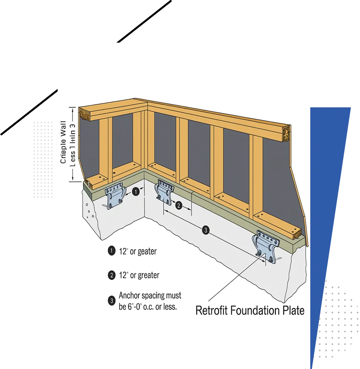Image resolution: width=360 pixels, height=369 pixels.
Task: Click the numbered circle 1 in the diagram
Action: pyautogui.click(x=136, y=192)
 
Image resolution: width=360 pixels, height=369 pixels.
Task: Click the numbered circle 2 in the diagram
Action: pyautogui.click(x=178, y=205)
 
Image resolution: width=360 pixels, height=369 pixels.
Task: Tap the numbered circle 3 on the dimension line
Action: pyautogui.click(x=205, y=230)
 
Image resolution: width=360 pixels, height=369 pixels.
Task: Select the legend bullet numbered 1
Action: pyautogui.click(x=111, y=251)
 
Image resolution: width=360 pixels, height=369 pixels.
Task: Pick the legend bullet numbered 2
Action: pyautogui.click(x=111, y=275)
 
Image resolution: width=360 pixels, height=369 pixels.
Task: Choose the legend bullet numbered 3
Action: pyautogui.click(x=111, y=301)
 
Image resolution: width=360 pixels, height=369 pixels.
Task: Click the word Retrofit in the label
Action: pyautogui.click(x=214, y=310)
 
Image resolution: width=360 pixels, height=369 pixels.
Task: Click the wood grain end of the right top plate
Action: pyautogui.click(x=287, y=133)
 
